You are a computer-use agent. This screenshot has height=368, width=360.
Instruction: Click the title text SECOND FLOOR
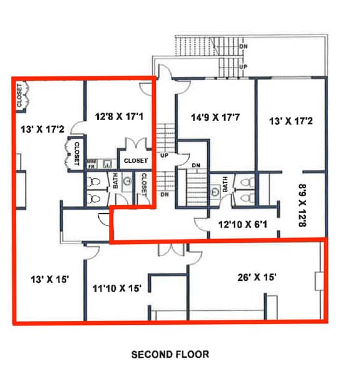point(170,354)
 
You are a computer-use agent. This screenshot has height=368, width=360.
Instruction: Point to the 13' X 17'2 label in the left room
point(43,130)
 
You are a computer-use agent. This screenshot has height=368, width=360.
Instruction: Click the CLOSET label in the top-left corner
point(20,95)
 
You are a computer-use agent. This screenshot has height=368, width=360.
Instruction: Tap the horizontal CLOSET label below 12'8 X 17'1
point(136,161)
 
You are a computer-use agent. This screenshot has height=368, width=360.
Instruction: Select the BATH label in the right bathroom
point(225,186)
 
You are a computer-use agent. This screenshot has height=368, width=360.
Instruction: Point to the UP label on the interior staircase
point(165,155)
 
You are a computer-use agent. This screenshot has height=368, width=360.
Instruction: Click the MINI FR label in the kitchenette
point(91,164)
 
